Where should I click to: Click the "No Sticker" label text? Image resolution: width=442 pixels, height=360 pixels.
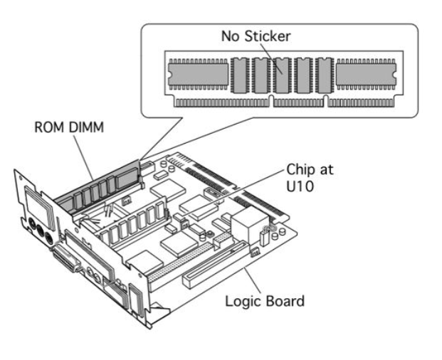tap(256, 36)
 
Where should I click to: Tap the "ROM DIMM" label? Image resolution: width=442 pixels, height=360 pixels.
tap(69, 127)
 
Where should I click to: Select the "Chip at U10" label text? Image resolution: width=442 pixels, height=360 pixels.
tap(310, 178)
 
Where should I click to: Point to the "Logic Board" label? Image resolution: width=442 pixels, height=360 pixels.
tap(265, 301)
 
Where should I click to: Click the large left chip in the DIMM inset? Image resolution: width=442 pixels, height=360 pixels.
tap(198, 75)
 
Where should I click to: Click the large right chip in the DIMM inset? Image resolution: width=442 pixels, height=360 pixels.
tap(366, 75)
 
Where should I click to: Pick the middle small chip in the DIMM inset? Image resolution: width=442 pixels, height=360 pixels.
tap(282, 75)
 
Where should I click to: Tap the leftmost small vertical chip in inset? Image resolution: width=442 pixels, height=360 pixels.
tap(240, 75)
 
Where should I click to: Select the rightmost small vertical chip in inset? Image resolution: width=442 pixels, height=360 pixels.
tap(324, 75)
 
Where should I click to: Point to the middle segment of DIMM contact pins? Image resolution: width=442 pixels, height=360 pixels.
tap(298, 103)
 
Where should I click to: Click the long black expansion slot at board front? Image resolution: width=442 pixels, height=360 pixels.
tap(216, 265)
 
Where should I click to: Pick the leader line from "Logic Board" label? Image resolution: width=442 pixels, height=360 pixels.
tap(252, 280)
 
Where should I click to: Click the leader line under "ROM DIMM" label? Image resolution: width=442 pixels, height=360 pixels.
tap(84, 158)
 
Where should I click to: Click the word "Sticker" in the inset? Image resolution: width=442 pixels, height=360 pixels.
tap(267, 36)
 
